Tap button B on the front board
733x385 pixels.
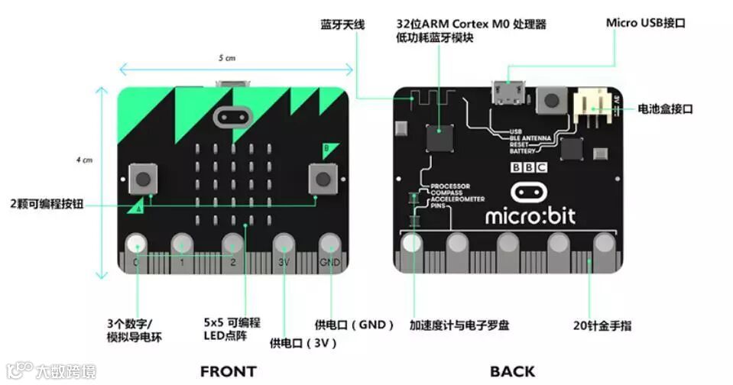[x=323, y=180]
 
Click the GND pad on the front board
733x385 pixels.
[x=330, y=244]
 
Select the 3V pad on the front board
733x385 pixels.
[x=284, y=244]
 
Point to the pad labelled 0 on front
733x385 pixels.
[x=136, y=244]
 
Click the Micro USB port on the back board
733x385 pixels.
[x=507, y=92]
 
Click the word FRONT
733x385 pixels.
[x=228, y=371]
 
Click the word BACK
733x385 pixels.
[x=512, y=371]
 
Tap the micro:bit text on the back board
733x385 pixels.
[x=530, y=215]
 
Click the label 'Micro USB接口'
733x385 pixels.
[x=645, y=23]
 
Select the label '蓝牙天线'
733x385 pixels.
[x=342, y=24]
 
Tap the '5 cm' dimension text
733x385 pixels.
[x=227, y=58]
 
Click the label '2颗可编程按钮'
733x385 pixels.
[x=47, y=204]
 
